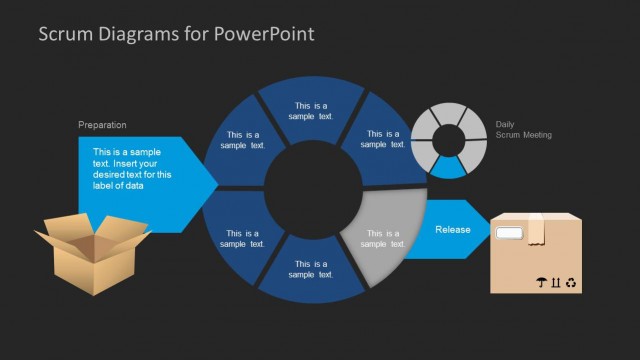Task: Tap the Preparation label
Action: click(x=102, y=125)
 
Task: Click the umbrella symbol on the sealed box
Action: click(x=541, y=283)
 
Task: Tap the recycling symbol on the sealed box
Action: click(x=571, y=283)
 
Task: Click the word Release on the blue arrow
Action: click(x=452, y=229)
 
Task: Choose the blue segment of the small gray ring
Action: click(x=449, y=167)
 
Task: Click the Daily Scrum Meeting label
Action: click(x=522, y=130)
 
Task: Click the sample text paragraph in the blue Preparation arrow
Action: click(x=128, y=167)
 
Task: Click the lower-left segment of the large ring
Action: click(x=242, y=238)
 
